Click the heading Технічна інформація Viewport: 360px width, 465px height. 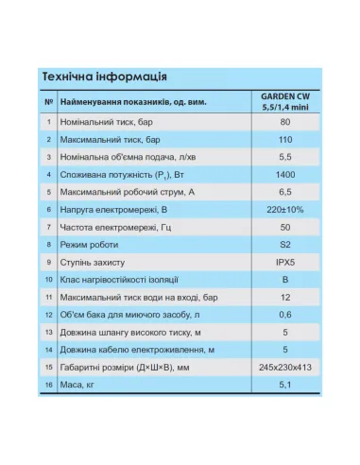[105, 77]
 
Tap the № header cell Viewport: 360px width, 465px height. [47, 100]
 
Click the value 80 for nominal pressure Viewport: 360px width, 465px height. [284, 122]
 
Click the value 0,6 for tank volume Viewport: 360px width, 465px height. [284, 315]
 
